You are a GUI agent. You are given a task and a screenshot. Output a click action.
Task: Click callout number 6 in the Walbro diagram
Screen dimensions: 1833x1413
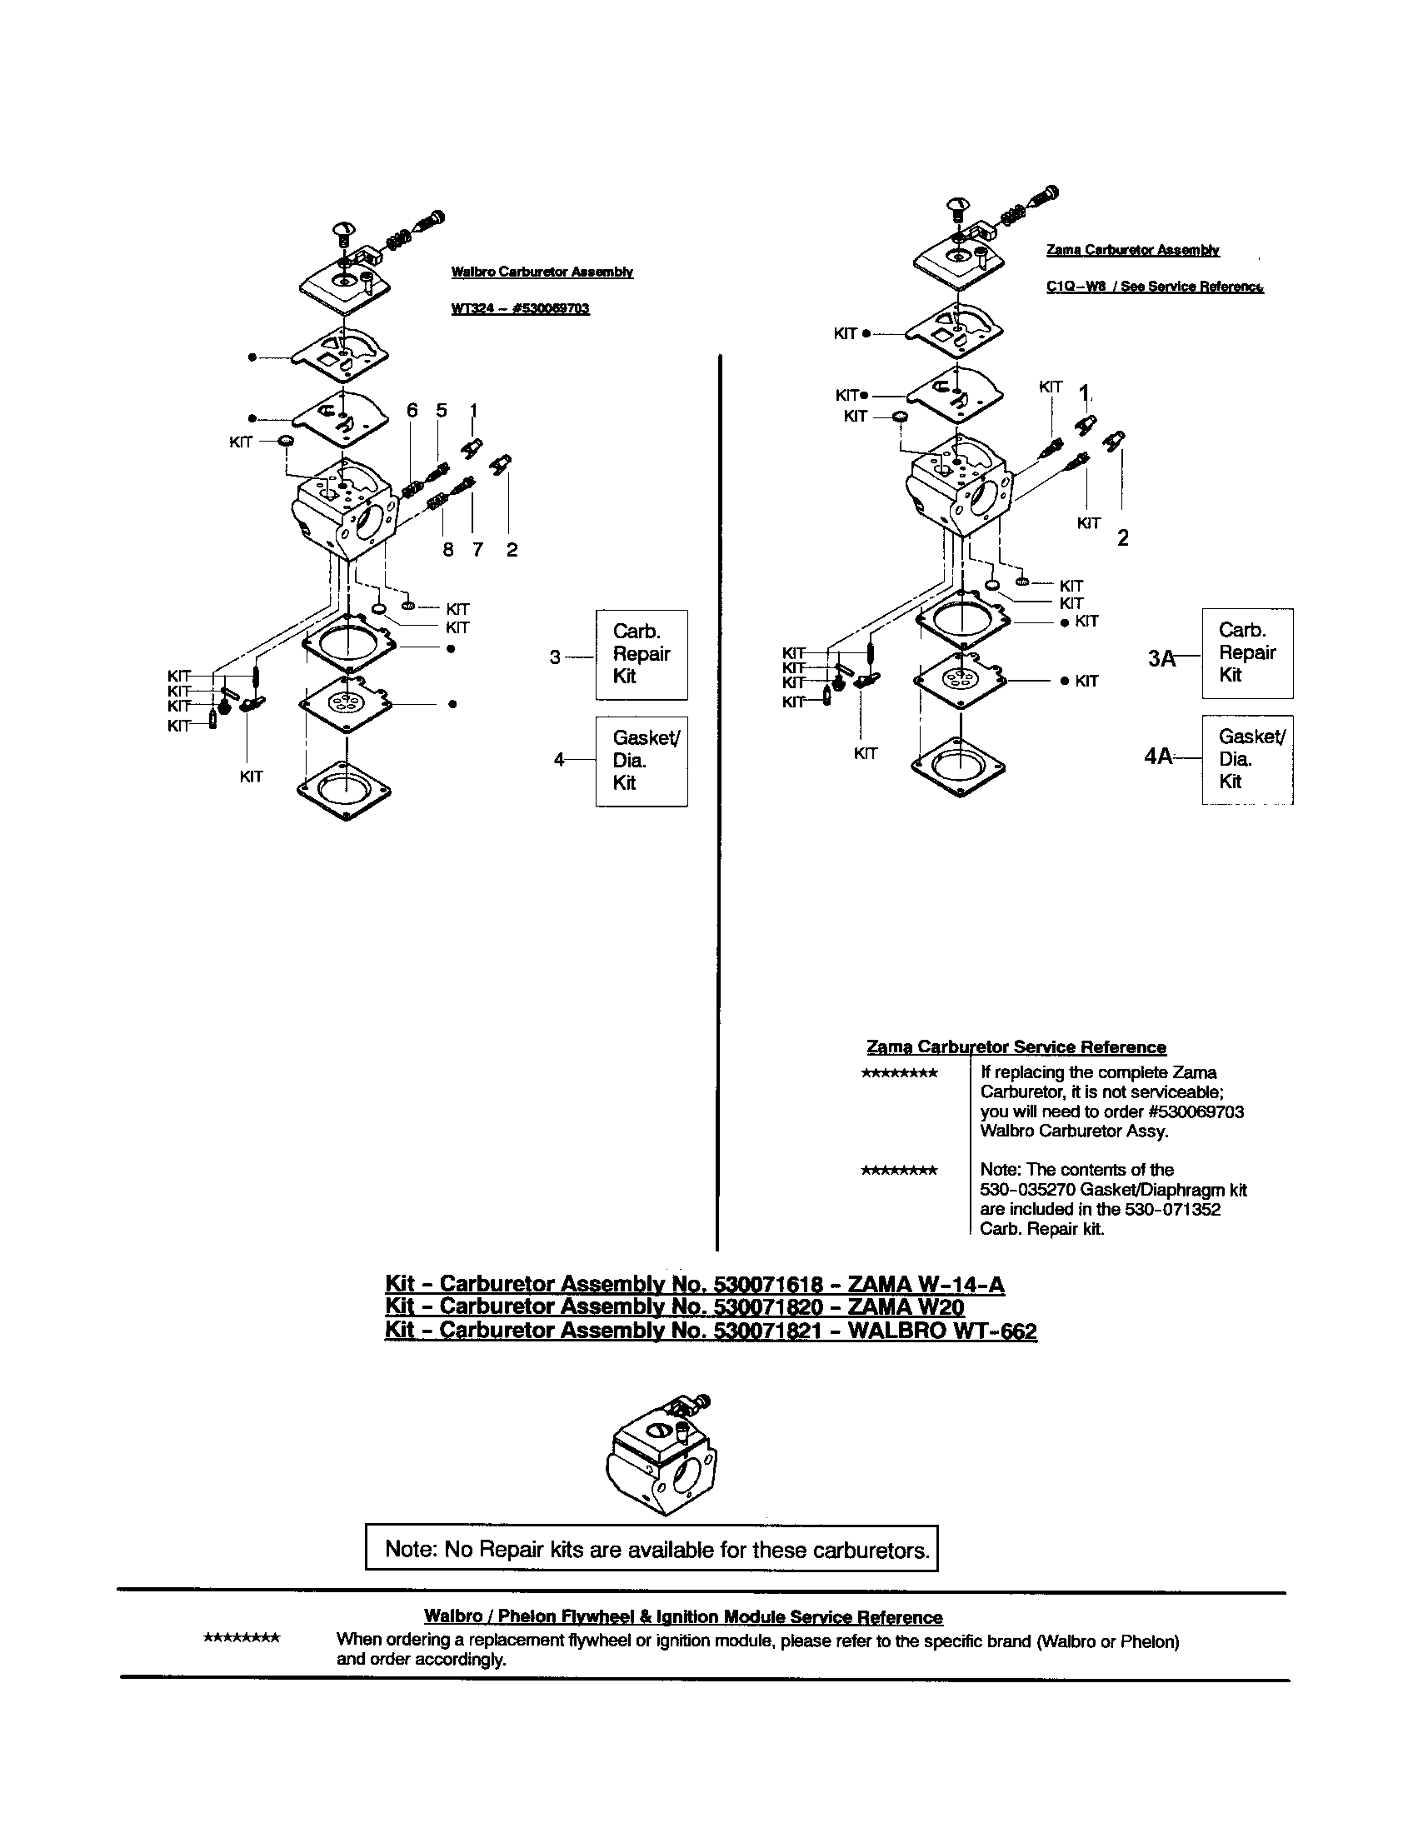(x=412, y=411)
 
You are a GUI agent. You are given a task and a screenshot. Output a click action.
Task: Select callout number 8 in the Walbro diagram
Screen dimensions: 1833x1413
(x=448, y=550)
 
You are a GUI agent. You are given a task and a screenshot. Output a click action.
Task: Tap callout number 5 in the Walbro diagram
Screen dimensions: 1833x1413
(x=442, y=411)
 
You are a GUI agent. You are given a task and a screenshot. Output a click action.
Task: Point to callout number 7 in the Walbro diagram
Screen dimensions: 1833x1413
(x=477, y=550)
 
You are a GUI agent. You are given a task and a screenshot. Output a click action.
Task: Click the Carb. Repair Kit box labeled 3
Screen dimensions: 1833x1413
(x=641, y=655)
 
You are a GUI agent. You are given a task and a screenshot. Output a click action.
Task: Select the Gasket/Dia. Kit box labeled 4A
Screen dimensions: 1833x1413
(x=1247, y=760)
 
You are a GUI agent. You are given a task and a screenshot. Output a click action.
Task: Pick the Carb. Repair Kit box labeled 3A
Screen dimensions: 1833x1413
(x=1247, y=653)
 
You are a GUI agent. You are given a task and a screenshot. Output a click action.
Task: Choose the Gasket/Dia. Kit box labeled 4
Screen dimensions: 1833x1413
(x=641, y=762)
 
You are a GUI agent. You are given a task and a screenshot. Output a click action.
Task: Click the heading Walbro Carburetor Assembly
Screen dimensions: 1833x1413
(x=542, y=272)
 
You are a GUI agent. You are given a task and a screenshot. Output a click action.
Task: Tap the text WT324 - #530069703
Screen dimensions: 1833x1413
(x=520, y=309)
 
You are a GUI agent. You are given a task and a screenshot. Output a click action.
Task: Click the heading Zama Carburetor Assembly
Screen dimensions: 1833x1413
(x=1133, y=250)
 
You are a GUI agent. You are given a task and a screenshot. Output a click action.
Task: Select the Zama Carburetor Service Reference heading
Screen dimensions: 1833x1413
(x=1016, y=1047)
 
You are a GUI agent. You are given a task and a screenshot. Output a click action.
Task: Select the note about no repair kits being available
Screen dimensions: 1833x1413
(x=652, y=1550)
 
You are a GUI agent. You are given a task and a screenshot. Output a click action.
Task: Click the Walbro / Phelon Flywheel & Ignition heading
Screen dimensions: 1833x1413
(x=683, y=1617)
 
